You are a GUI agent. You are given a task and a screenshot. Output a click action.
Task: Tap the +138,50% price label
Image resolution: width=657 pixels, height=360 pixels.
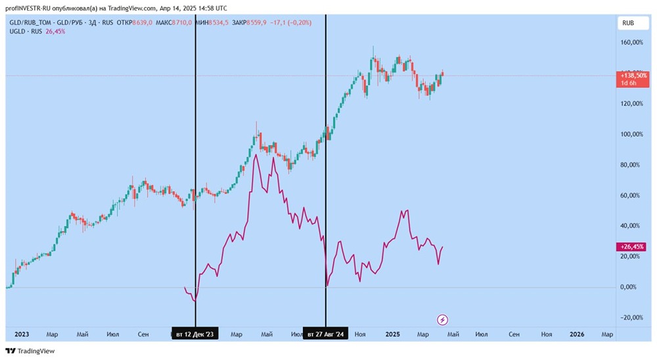(x=633, y=76)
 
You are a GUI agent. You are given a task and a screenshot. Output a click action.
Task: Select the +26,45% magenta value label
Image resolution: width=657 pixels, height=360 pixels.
(x=633, y=247)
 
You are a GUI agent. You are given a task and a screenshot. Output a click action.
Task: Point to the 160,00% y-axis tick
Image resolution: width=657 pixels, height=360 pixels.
(x=632, y=43)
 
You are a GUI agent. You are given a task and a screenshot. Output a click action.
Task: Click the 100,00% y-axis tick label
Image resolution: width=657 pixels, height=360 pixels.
(x=632, y=134)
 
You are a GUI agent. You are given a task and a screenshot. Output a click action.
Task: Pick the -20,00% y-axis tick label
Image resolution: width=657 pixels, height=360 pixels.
(x=632, y=317)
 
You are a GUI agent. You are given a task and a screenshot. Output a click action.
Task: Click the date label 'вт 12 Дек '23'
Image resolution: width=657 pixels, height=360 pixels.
(x=195, y=334)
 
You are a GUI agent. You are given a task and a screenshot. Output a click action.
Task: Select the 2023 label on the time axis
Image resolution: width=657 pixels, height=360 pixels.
(x=22, y=334)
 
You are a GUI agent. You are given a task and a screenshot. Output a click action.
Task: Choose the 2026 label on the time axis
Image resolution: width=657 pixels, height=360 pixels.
(x=577, y=334)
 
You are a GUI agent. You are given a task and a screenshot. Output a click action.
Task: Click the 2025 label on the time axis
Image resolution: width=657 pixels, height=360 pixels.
(x=392, y=334)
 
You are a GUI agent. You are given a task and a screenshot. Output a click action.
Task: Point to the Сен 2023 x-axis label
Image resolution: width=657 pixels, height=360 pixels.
(x=143, y=334)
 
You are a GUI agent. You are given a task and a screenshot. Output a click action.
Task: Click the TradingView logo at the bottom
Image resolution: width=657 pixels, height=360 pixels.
(x=31, y=351)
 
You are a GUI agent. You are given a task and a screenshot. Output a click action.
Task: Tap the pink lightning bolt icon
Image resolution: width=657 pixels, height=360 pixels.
(x=443, y=320)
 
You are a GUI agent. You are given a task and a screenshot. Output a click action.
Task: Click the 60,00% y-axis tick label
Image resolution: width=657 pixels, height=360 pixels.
(x=632, y=195)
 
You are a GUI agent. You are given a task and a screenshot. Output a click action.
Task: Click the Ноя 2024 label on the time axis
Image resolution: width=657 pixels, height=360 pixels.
(x=360, y=334)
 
